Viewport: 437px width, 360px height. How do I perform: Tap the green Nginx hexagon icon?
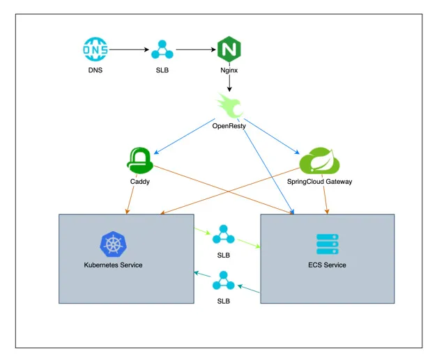coord(229,50)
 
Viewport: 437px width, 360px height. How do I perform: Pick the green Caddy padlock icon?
coord(139,161)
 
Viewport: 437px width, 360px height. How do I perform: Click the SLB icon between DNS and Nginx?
coord(162,50)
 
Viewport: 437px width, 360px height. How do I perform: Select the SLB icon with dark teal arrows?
coord(224,281)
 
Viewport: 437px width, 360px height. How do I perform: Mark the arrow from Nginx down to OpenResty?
coord(229,84)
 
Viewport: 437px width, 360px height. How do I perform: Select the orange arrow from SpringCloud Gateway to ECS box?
coord(325,201)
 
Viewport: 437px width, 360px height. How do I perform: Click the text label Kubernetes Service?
coord(113,265)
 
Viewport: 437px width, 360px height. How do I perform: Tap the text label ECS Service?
coord(327,265)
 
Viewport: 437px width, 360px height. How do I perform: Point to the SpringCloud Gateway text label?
coord(319,182)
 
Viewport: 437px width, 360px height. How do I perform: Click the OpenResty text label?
coord(231,125)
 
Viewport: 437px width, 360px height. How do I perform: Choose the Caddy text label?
coord(139,182)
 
